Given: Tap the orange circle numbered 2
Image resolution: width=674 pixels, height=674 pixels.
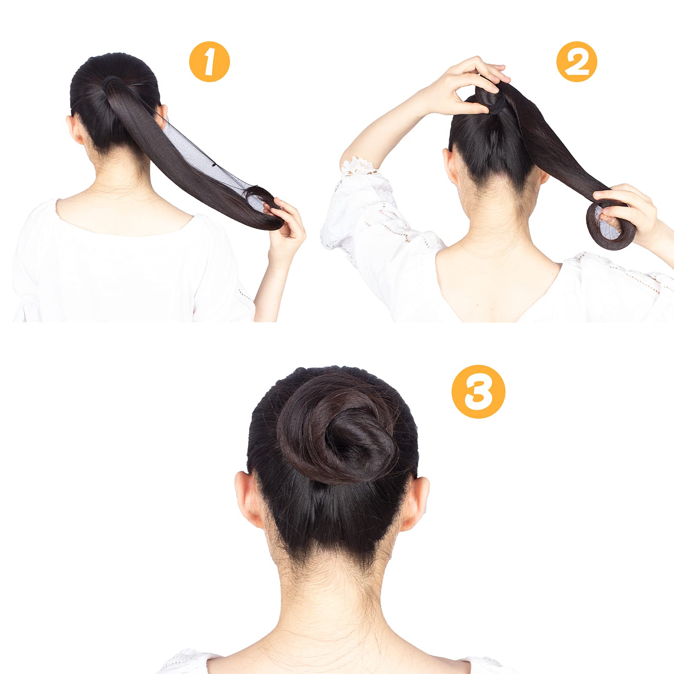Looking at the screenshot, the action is pyautogui.click(x=577, y=62).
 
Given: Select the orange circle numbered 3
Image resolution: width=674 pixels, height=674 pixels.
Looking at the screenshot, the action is pyautogui.click(x=478, y=391).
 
